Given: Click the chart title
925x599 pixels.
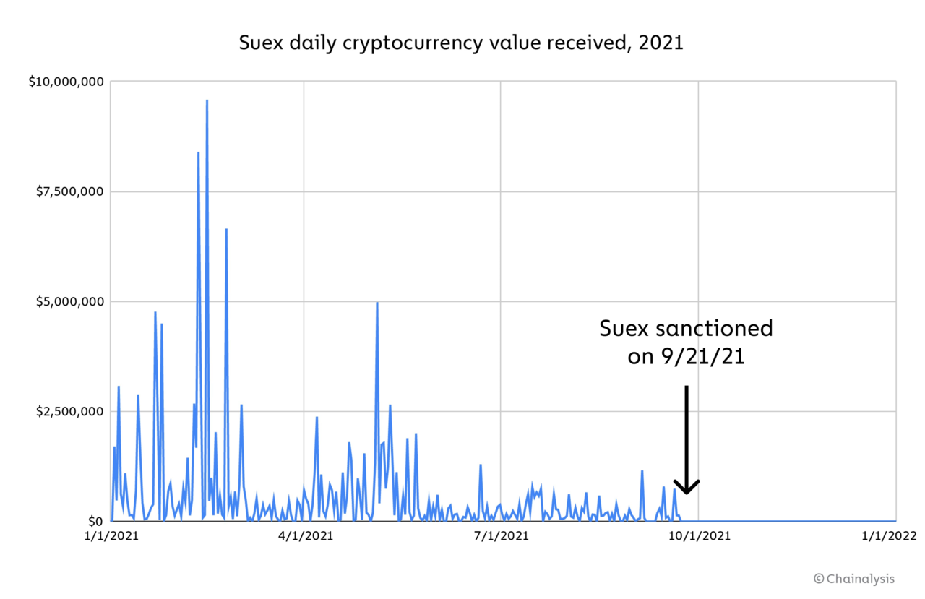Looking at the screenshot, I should (461, 43).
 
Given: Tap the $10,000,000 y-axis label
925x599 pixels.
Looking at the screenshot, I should (67, 82).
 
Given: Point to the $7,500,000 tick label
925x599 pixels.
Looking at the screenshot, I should (70, 191).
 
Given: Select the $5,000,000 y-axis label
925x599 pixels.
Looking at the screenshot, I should (70, 301).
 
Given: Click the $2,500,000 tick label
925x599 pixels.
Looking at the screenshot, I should (70, 411).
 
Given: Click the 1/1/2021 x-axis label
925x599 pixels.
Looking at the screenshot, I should (111, 536).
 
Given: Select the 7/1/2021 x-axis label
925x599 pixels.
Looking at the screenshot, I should (500, 536).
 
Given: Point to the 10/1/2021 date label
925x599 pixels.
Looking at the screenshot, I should (698, 536).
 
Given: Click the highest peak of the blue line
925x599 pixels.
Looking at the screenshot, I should (207, 101).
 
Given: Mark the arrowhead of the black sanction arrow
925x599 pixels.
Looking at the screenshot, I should (687, 488).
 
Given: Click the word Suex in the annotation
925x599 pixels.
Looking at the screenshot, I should (624, 329).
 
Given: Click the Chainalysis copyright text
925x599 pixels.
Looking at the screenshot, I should (853, 579).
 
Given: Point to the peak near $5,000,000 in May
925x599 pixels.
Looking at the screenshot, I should (377, 303).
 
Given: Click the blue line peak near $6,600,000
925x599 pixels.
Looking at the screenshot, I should (226, 230).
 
